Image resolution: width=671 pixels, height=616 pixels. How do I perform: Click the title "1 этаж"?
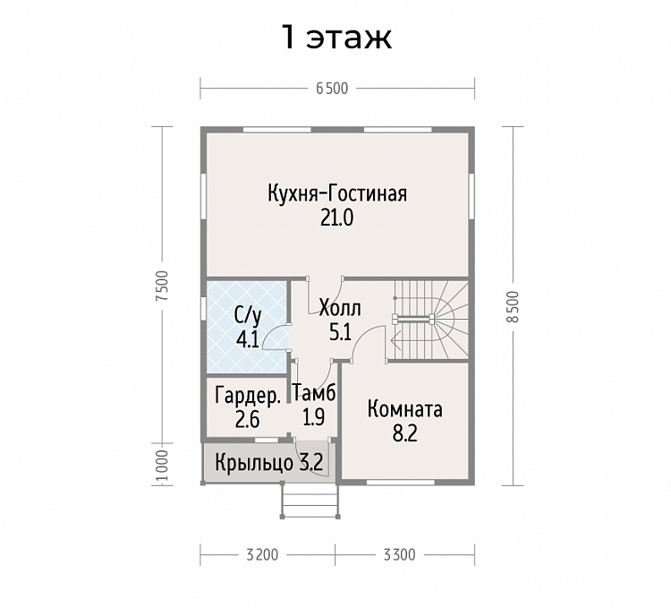(336, 37)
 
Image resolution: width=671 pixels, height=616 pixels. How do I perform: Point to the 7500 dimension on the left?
(161, 285)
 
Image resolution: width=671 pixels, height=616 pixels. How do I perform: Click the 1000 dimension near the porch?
(161, 464)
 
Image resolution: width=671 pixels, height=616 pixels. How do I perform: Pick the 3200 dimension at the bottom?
(262, 553)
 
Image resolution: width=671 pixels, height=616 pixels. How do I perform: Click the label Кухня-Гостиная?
(336, 193)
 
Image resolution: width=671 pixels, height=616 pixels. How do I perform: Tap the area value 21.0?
(336, 218)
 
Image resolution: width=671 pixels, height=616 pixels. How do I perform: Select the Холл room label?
(339, 309)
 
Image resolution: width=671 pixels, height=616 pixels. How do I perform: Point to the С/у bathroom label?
(247, 315)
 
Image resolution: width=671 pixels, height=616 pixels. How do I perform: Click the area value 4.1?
(247, 338)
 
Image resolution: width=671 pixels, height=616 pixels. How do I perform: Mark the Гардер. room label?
(248, 396)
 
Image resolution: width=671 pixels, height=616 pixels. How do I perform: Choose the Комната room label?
(404, 410)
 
